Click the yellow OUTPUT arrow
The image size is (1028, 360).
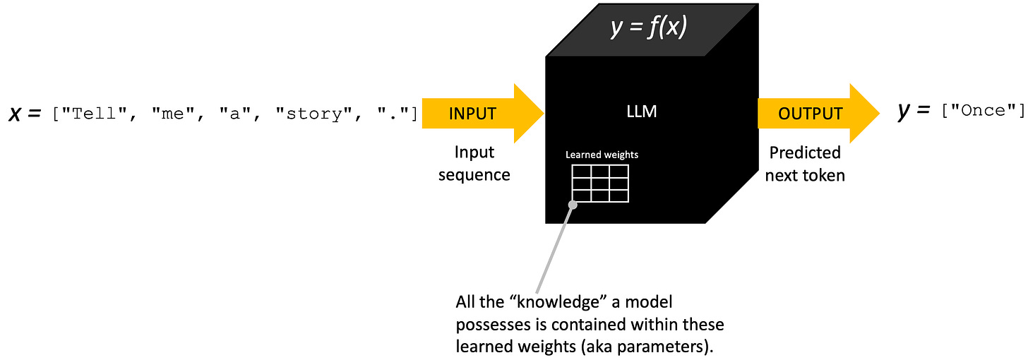812,113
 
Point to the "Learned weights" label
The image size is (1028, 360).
602,155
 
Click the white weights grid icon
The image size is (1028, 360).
599,183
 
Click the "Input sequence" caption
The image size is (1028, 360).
474,164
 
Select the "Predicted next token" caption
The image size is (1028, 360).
805,164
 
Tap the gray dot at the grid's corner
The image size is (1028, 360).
573,205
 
